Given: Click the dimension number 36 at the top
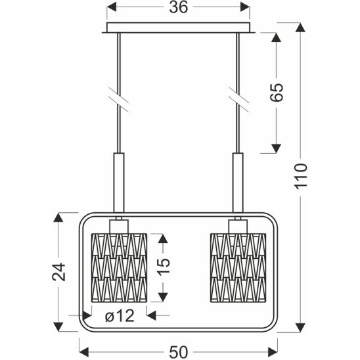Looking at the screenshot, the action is coord(179,7).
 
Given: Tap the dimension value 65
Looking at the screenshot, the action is coord(276,92).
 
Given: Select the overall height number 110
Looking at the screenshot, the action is coord(301,176).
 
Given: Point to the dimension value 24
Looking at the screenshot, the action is coord(58,272).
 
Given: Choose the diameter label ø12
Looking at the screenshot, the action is coord(120,316).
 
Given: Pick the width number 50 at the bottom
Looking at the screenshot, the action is coord(179,352).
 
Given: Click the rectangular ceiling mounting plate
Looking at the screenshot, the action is coord(178,28).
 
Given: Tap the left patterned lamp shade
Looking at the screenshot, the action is coord(119,268).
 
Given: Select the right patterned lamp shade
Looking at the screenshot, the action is coord(238,268).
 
